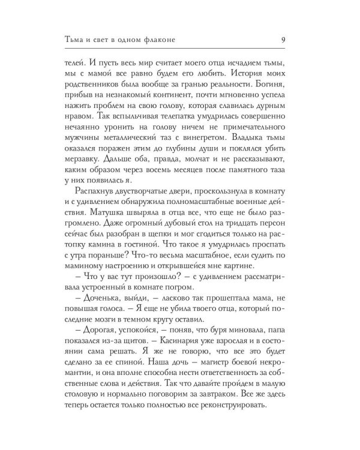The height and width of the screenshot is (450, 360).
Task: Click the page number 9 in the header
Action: click(283, 40)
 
